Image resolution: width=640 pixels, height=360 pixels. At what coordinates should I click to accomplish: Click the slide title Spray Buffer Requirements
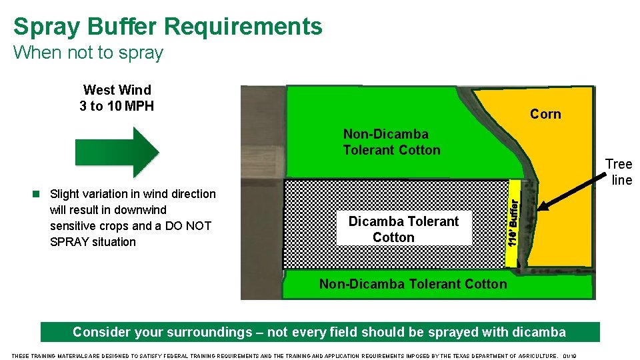tap(167, 27)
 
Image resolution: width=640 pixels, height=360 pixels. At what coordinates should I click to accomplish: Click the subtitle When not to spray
tap(88, 53)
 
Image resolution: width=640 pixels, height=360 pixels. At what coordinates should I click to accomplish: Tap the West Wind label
tap(117, 90)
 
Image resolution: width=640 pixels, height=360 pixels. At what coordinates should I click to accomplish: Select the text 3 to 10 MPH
tap(117, 106)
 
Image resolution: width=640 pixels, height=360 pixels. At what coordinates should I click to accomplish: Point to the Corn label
tap(545, 114)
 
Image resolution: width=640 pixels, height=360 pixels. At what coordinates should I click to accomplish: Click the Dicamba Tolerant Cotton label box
tap(403, 229)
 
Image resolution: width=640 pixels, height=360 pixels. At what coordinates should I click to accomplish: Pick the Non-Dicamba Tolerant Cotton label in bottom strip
tap(413, 284)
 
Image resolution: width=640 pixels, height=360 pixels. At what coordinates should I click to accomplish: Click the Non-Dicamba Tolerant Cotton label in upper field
tap(391, 142)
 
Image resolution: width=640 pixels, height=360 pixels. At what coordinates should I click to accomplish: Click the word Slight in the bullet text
tap(65, 194)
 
